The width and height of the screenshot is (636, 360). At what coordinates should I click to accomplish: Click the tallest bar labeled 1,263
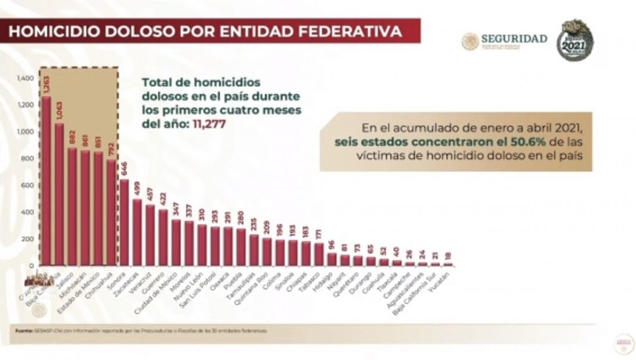pyautogui.click(x=46, y=180)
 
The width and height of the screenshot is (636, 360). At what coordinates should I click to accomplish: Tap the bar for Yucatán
pyautogui.click(x=448, y=264)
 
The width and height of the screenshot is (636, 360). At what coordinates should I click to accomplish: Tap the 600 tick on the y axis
pyautogui.click(x=27, y=185)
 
